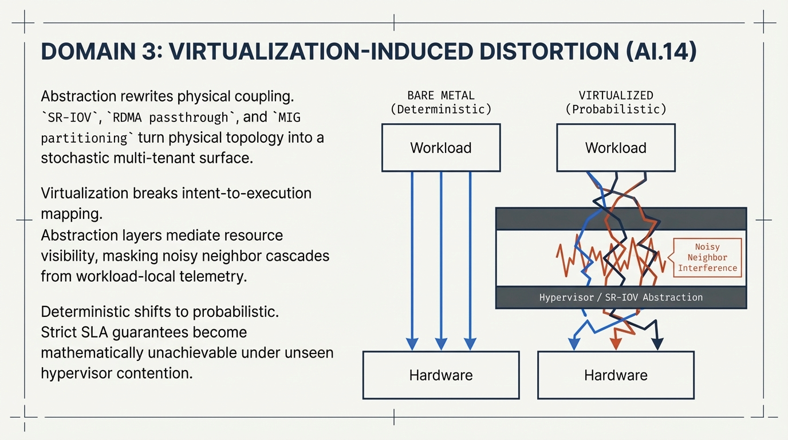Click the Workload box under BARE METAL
point(441,148)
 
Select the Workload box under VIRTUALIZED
point(616,148)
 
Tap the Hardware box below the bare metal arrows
point(441,375)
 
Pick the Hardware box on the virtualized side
point(616,375)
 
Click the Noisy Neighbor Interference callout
point(707,258)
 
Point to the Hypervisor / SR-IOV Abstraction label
point(621,298)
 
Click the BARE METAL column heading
point(441,96)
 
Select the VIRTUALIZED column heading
point(616,96)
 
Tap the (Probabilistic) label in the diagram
point(616,109)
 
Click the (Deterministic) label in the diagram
point(441,109)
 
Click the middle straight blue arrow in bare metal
point(441,258)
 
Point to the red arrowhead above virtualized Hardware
point(616,343)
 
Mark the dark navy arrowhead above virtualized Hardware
point(657,343)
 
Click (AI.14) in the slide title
point(660,52)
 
